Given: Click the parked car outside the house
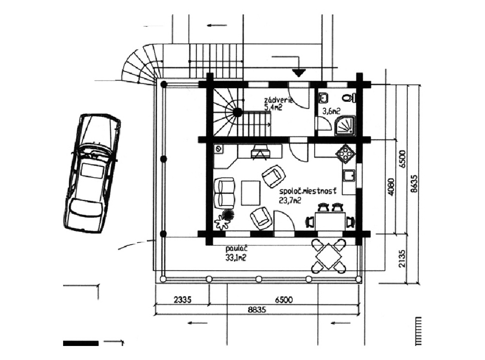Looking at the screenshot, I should pos(92,173).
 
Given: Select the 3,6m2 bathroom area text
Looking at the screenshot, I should pos(331,111).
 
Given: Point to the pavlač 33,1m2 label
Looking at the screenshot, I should pos(236,254).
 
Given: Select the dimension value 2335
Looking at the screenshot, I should pos(182,300).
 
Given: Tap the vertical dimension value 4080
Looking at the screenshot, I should pos(391,186).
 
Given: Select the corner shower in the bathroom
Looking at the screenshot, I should pos(345,125).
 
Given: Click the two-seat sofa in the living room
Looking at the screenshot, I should pos(225,192).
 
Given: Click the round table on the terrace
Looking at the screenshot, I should pos(328,255).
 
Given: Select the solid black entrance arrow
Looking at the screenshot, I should pos(299,73).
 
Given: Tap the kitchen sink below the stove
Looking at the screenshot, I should pos(349,176).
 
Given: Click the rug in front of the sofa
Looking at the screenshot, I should pos(250,192).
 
